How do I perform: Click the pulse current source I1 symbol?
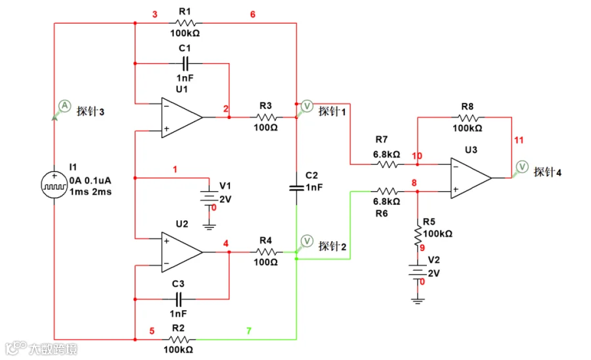coord(55,185)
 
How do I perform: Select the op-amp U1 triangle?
coord(182,118)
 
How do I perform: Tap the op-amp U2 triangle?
coord(182,252)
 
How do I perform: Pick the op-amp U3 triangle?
coord(471,178)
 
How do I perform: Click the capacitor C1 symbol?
coord(185,63)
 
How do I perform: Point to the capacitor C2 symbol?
coord(297,187)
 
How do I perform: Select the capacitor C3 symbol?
coord(178,300)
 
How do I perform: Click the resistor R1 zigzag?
coord(185,23)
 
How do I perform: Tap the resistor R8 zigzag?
coord(468,117)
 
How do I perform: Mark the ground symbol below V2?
coord(418,301)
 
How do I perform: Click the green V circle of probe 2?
coord(307,240)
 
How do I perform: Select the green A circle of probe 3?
coord(64,106)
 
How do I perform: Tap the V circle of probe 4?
coord(522,166)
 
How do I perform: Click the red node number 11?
coord(519,140)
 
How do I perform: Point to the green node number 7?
coord(249,331)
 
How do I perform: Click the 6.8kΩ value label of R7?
coord(387,154)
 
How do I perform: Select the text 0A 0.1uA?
coord(90,180)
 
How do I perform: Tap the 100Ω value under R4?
coord(266,262)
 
